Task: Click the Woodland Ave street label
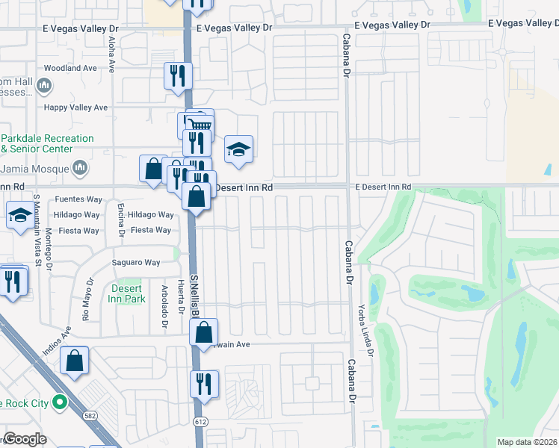click(x=70, y=68)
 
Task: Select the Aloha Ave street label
click(x=111, y=57)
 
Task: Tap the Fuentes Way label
click(x=79, y=199)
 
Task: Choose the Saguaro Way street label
click(x=136, y=263)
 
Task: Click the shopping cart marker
click(x=198, y=124)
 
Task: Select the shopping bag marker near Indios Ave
click(x=75, y=361)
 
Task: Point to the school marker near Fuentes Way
click(x=19, y=215)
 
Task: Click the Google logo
click(x=25, y=439)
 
